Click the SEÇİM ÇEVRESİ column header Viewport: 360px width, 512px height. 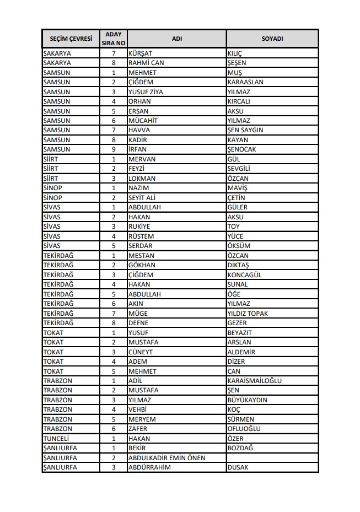(x=71, y=39)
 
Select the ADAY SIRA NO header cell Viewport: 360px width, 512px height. (x=114, y=39)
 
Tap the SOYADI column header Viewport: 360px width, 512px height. (x=272, y=39)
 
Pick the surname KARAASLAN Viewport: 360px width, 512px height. (x=245, y=82)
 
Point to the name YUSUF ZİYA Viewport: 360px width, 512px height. (x=146, y=92)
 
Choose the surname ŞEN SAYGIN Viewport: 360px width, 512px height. (x=245, y=130)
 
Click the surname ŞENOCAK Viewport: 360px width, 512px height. (x=241, y=149)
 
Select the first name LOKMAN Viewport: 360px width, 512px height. (x=142, y=179)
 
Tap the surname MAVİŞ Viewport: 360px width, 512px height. (x=237, y=188)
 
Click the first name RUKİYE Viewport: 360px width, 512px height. (x=140, y=227)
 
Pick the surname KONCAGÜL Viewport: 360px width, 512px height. (x=244, y=275)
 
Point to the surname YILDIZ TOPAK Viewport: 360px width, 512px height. (x=248, y=313)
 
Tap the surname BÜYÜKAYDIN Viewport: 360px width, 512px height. (x=247, y=400)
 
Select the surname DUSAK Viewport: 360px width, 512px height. (x=238, y=467)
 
